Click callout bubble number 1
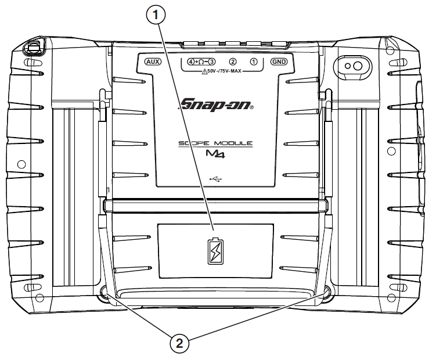(156, 15)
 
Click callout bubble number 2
(179, 344)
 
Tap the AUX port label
(153, 62)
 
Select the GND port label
(279, 62)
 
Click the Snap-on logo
(216, 105)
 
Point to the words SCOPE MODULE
(215, 143)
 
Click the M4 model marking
(215, 154)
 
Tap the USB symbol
(215, 179)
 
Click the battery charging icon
(215, 251)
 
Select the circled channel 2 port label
(232, 62)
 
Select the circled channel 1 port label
(254, 62)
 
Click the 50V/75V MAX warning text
(224, 71)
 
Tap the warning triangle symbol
(204, 71)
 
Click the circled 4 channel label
(191, 62)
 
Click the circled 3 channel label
(211, 62)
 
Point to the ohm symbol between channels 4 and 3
(201, 62)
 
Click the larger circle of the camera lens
(357, 66)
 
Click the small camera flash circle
(347, 66)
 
